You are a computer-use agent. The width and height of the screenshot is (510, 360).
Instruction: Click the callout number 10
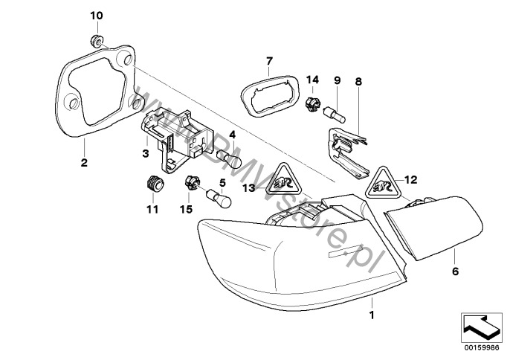97,16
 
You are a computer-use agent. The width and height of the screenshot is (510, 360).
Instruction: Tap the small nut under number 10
97,40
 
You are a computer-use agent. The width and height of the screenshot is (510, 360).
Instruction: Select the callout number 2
83,162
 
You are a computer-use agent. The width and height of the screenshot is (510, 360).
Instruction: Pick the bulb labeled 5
223,202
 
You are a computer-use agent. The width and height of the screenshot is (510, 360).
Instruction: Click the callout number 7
270,60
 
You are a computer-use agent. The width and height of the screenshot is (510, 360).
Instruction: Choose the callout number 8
358,80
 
